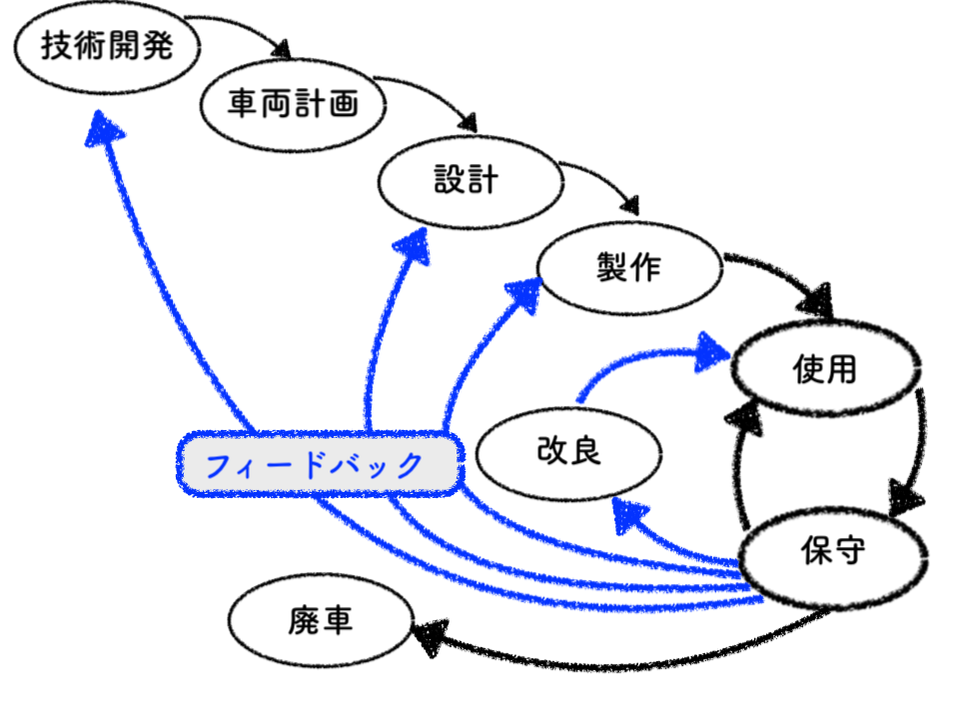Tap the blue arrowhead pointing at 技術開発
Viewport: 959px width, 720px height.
tap(103, 129)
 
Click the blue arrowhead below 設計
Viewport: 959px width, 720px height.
tap(414, 247)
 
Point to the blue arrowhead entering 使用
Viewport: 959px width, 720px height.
tap(712, 352)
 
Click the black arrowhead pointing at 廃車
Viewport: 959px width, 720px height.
tap(431, 637)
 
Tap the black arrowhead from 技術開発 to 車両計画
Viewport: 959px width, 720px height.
tap(282, 50)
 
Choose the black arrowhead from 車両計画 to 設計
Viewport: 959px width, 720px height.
tap(468, 122)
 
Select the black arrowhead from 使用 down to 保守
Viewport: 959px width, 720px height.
tap(905, 497)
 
